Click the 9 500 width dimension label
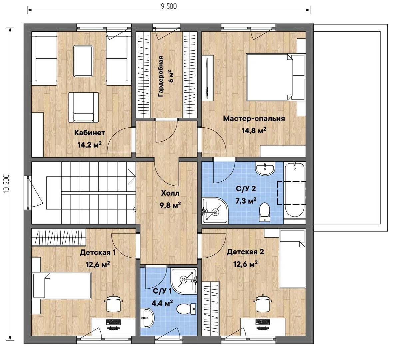click(x=169, y=6)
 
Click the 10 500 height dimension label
click(x=7, y=183)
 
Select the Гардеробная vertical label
click(x=161, y=77)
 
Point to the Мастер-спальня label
click(x=254, y=119)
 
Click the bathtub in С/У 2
click(x=294, y=190)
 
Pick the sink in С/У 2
click(x=265, y=169)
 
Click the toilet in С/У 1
click(x=186, y=309)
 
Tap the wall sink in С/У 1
click(x=147, y=318)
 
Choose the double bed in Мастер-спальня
click(x=271, y=77)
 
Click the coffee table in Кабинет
click(x=83, y=61)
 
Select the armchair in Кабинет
click(x=84, y=107)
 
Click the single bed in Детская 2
click(x=292, y=259)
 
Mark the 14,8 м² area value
click(x=254, y=131)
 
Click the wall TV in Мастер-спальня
click(x=207, y=78)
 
